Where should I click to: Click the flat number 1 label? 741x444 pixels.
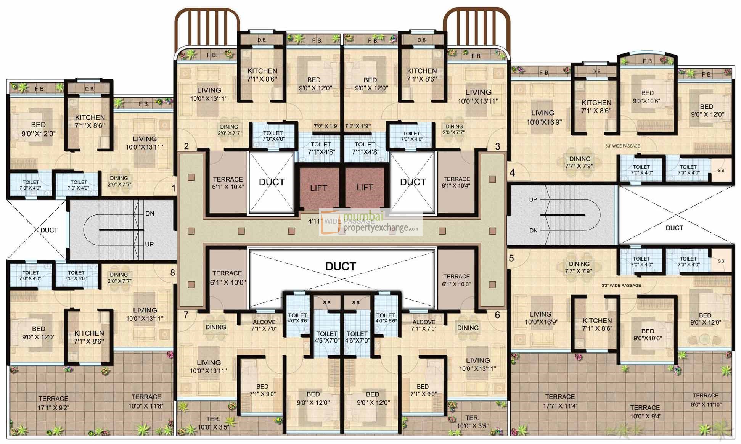click(174, 188)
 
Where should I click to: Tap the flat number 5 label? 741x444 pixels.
click(511, 258)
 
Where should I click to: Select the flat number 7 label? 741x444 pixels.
click(186, 315)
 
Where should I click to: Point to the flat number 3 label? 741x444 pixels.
click(498, 146)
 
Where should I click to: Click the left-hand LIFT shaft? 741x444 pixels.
click(318, 188)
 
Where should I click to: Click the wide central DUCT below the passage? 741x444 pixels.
click(341, 266)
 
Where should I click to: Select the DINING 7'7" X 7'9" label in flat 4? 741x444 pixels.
click(579, 162)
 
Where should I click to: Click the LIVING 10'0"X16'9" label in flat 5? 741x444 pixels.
click(541, 318)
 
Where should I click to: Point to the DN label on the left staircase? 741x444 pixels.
click(150, 214)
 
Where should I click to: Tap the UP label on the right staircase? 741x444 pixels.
click(533, 200)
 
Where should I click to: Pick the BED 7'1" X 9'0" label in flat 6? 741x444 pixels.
click(423, 390)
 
